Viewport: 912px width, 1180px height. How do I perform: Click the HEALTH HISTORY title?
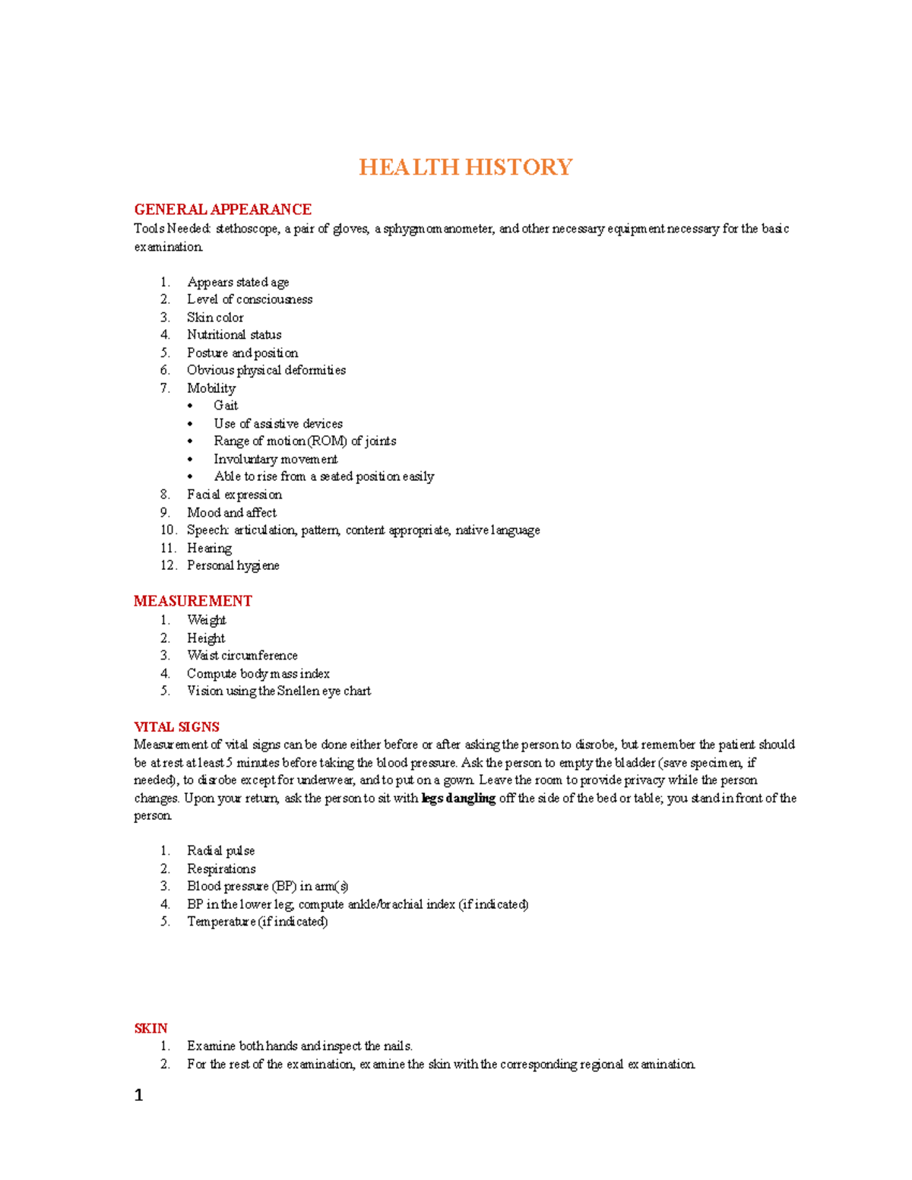point(465,167)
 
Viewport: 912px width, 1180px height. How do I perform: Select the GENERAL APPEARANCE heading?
point(223,210)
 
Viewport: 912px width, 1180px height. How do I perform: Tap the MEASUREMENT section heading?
point(192,601)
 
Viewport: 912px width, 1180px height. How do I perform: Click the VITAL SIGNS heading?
point(176,727)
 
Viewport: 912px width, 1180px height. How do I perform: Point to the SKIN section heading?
point(150,1029)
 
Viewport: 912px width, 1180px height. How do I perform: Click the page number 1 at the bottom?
point(138,1096)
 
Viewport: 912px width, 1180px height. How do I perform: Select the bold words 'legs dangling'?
point(458,799)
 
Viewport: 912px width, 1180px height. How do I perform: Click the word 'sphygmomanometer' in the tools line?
point(438,229)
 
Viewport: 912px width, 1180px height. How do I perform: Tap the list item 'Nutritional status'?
point(234,335)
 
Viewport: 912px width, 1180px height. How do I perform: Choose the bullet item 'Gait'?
point(226,406)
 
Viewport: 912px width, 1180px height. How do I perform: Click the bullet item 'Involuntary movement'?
point(275,459)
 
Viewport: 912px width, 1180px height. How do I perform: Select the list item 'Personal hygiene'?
point(233,565)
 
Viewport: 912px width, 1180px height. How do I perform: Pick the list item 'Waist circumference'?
point(242,656)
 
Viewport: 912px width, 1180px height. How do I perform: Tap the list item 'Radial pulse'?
point(220,851)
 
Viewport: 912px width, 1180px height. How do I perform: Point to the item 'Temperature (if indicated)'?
point(257,922)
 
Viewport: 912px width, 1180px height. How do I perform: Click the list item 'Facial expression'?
point(234,495)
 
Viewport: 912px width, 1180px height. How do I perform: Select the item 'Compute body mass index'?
point(258,674)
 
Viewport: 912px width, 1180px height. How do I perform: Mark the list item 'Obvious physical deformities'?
point(266,370)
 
